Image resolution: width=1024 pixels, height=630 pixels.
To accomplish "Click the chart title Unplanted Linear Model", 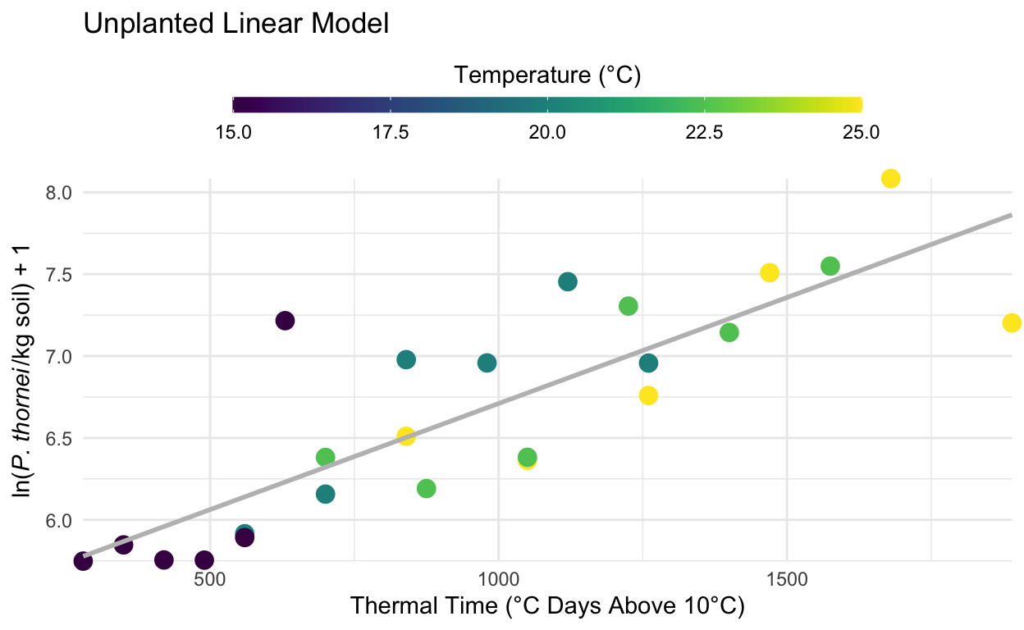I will (235, 25).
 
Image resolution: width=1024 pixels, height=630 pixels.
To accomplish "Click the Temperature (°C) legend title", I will (547, 75).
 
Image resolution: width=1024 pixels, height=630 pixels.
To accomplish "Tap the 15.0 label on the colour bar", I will (234, 132).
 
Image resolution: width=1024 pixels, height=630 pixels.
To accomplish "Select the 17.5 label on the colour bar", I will (391, 132).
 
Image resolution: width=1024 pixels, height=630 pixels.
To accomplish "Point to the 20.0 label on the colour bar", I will (547, 132).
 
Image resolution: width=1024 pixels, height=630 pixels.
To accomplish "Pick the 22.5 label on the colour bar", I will (704, 132).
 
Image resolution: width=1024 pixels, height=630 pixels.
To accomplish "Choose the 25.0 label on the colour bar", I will (861, 132).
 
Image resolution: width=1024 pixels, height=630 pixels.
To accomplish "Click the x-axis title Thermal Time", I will (547, 608).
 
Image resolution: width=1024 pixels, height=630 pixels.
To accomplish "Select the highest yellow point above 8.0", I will (891, 178).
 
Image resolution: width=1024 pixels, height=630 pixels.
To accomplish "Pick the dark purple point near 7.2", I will (285, 321).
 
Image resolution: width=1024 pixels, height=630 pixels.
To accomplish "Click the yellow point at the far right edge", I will (1012, 322).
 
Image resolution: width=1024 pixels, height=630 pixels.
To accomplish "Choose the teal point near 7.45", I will (568, 281).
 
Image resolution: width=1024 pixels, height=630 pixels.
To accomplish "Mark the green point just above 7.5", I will (830, 266).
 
